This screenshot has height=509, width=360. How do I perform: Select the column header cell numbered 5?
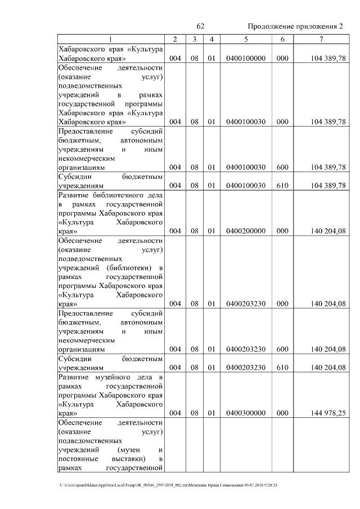(x=245, y=39)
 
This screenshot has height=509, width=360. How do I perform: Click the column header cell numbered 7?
(x=320, y=39)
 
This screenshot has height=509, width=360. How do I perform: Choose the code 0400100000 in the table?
(x=245, y=58)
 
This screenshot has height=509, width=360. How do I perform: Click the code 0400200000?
(x=245, y=231)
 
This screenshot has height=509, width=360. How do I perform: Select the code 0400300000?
(x=245, y=413)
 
